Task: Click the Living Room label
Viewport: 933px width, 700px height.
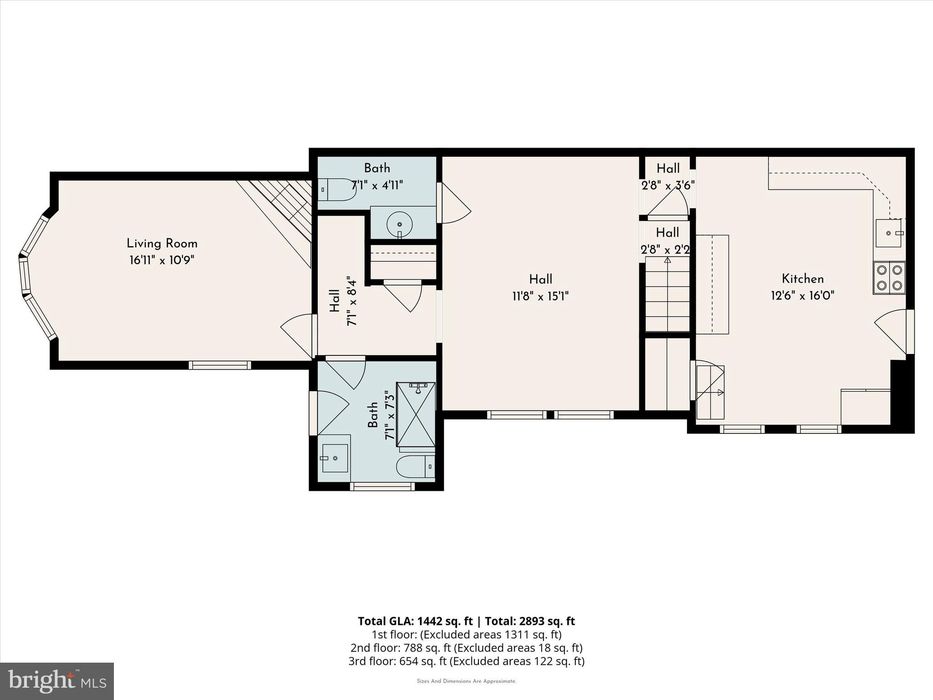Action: click(162, 243)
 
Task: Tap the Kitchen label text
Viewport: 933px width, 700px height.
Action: click(802, 278)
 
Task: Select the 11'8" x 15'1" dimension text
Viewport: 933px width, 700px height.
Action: click(540, 297)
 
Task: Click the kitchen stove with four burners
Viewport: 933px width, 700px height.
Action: click(889, 278)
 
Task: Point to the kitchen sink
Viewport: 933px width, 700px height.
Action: click(888, 233)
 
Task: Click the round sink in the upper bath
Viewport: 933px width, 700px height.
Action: click(399, 224)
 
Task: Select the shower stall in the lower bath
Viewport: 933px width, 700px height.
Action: click(415, 414)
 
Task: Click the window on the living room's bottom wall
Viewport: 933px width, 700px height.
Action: click(220, 365)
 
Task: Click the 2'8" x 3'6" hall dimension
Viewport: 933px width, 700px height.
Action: click(668, 185)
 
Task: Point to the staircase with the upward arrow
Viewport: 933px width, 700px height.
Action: click(667, 294)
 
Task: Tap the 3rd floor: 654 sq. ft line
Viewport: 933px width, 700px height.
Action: click(466, 661)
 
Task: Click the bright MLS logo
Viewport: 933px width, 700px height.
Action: click(57, 681)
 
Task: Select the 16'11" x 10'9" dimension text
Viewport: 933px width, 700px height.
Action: click(162, 260)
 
